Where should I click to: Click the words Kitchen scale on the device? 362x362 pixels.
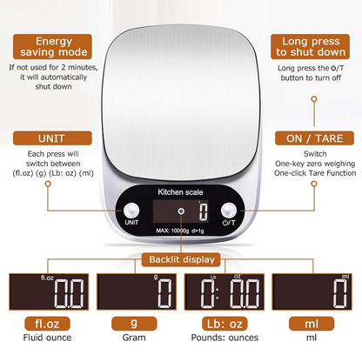point(180,191)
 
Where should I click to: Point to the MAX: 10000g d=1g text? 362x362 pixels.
point(180,230)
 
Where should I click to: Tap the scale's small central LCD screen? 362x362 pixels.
point(180,211)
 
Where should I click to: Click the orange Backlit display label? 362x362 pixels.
point(180,259)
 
